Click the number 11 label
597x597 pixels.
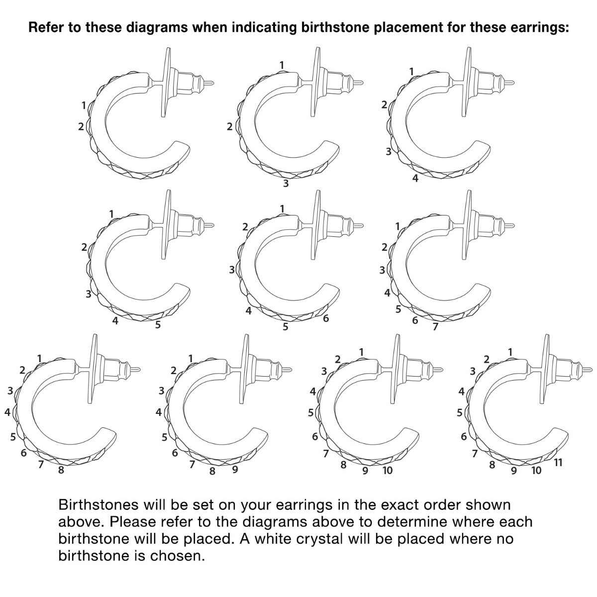[x=558, y=463]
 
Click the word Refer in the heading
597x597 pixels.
[x=46, y=27]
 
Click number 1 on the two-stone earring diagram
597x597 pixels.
[x=84, y=105]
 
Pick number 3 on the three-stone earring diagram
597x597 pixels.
[x=286, y=184]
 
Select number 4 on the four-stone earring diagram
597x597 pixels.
[x=415, y=178]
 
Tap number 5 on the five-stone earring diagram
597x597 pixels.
[x=158, y=325]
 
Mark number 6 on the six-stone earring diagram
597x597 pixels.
[x=325, y=318]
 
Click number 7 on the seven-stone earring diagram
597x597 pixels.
[x=435, y=326]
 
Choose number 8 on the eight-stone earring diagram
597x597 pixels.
[x=61, y=470]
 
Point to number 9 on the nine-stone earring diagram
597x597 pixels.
[x=235, y=469]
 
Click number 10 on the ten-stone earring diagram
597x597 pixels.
[x=388, y=470]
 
